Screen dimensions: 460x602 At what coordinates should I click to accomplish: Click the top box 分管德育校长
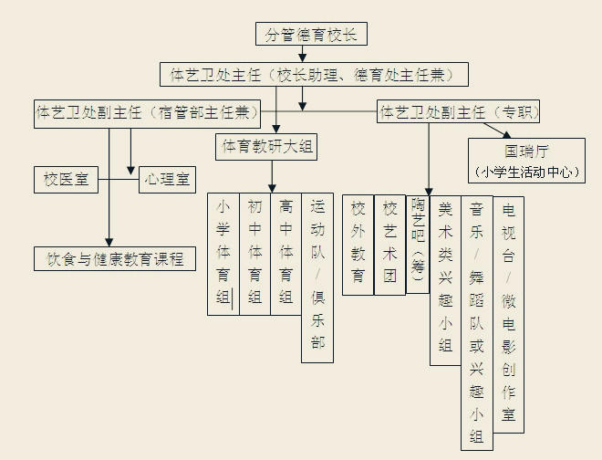point(312,35)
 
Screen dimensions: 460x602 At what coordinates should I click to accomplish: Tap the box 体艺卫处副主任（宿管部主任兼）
point(146,113)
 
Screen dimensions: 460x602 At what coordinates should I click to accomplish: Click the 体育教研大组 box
point(266,146)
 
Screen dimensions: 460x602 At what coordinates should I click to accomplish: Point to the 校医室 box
point(66,179)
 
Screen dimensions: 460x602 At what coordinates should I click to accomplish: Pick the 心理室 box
point(167,179)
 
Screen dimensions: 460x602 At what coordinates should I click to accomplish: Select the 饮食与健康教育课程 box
point(116,258)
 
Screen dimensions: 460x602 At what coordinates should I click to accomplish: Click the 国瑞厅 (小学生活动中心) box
point(527,160)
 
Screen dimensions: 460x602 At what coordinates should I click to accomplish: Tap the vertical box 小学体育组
point(223,253)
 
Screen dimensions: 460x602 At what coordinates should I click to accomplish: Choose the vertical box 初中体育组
point(254,253)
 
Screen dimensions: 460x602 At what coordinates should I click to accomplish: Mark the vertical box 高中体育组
point(285,253)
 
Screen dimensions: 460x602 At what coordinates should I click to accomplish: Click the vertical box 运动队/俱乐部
point(317,277)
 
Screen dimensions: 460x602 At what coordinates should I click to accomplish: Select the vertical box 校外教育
point(358,244)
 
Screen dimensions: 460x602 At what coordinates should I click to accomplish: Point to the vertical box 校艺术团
point(389,244)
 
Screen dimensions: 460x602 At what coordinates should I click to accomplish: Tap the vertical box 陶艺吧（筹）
point(418,242)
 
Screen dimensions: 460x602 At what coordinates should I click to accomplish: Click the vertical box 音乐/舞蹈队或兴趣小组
point(476,321)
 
